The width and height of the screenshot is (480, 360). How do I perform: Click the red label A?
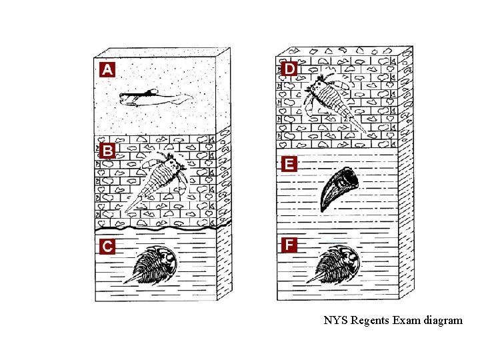point(107,69)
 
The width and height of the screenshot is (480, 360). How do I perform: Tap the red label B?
point(107,150)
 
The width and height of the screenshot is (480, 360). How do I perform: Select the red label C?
point(107,246)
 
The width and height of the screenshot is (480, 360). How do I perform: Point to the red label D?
point(289,68)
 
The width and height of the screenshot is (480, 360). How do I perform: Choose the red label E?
point(289,164)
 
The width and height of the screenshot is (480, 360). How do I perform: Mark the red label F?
point(289,245)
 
